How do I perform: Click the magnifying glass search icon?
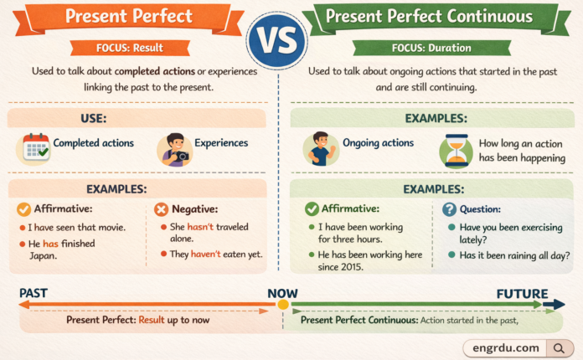(x=557, y=347)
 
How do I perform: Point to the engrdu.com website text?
(x=505, y=347)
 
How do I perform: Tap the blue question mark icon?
(x=449, y=209)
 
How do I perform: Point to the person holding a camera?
(x=174, y=147)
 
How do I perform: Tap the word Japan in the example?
(x=43, y=257)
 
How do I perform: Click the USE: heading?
(x=137, y=118)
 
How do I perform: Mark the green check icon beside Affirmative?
(x=312, y=209)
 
